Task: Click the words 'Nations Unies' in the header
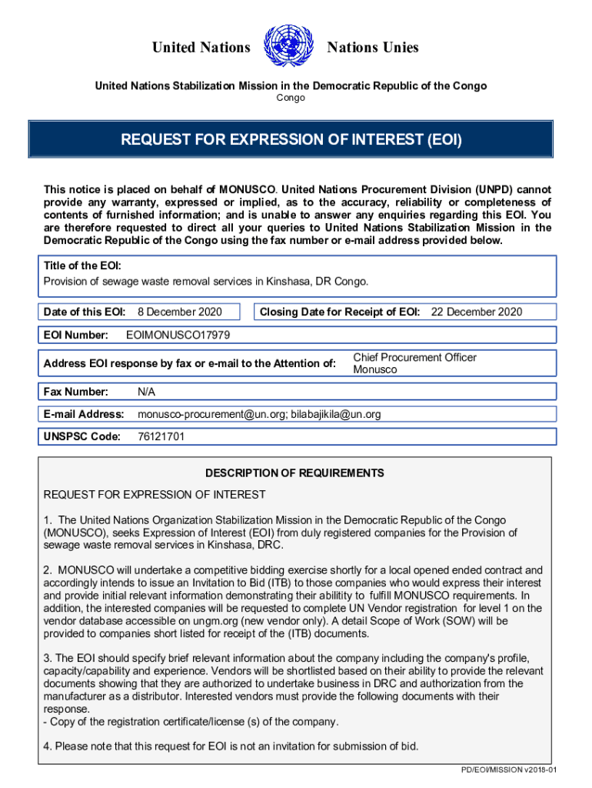[373, 48]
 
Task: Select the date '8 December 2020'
[179, 312]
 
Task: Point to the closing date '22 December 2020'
[476, 312]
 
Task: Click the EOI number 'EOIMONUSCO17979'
[178, 336]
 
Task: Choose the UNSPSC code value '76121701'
[161, 437]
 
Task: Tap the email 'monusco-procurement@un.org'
[209, 415]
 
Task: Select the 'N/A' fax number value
[146, 392]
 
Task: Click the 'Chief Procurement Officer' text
[414, 357]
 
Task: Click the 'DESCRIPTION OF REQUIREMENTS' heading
[294, 473]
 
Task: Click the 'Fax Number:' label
[76, 392]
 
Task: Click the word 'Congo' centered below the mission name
[291, 98]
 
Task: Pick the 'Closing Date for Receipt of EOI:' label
[340, 312]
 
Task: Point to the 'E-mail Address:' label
[84, 415]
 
